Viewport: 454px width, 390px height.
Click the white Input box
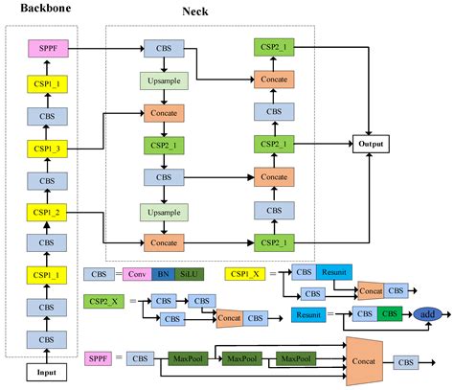[46, 371]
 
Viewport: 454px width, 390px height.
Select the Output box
[369, 144]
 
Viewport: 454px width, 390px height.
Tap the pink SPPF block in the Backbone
[46, 46]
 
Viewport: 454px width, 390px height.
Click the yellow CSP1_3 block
[46, 149]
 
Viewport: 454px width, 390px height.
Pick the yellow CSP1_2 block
[46, 212]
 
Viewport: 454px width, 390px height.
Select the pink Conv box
[139, 274]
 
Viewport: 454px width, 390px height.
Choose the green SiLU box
[192, 274]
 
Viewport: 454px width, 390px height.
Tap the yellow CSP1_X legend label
[244, 274]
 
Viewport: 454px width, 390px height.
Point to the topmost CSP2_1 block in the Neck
[273, 46]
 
